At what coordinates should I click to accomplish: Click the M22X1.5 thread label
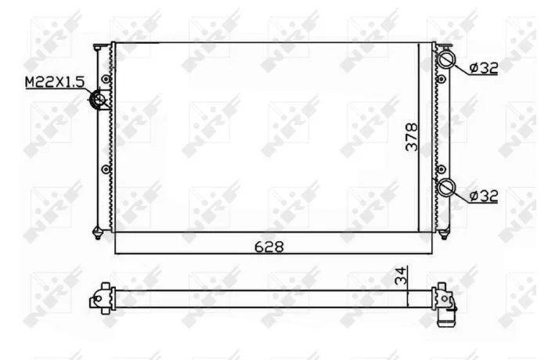click(55, 82)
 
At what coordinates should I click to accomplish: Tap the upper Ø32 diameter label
click(484, 68)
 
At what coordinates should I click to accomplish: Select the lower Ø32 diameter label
click(484, 196)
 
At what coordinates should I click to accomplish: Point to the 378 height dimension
click(412, 137)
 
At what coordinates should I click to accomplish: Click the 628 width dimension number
click(269, 247)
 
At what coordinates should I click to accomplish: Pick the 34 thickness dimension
click(401, 275)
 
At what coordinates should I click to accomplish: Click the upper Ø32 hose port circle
click(447, 59)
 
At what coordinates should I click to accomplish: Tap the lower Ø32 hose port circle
click(447, 187)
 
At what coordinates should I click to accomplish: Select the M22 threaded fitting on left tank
click(98, 99)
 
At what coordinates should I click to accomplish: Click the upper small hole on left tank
click(106, 79)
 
